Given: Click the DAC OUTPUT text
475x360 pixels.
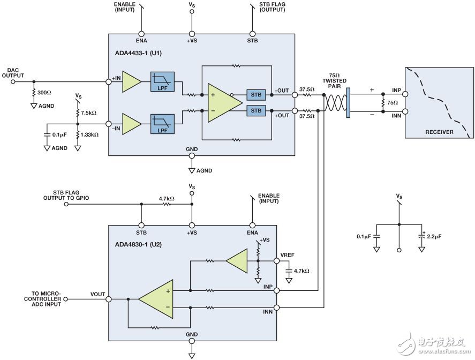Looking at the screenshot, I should point(13,73).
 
